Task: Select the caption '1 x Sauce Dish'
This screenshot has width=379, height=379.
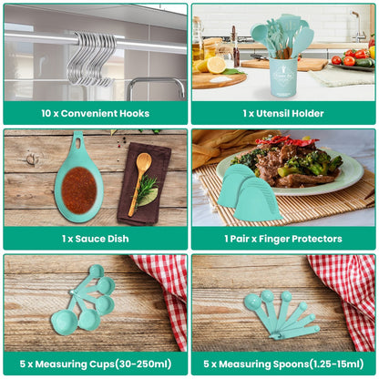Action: point(96,238)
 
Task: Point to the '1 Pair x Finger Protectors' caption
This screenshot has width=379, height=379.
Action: point(283,238)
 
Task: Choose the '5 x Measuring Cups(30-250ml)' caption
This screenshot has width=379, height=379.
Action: point(96,364)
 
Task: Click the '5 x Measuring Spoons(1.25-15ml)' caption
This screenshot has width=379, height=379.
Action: point(283,364)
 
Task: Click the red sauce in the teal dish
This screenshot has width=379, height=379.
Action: point(78,189)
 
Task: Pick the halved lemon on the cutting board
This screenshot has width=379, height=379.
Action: point(216,65)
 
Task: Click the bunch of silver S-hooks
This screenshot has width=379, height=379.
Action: point(91,58)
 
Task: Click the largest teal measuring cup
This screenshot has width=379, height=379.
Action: point(65,321)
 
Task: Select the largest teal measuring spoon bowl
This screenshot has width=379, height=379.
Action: point(252,302)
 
